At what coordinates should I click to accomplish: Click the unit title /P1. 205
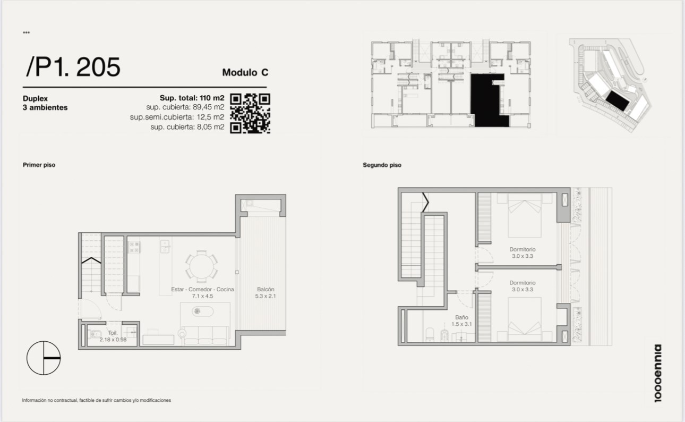click(x=73, y=67)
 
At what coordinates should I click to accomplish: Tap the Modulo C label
click(x=245, y=72)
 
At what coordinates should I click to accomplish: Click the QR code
click(x=250, y=114)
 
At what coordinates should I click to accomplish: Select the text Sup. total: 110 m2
click(x=192, y=98)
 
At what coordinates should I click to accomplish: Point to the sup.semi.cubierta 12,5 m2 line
click(x=177, y=117)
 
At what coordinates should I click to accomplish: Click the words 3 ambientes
click(x=45, y=107)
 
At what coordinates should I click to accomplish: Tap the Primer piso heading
click(x=39, y=165)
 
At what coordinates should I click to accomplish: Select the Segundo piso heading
click(x=382, y=165)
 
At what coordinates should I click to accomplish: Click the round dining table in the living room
click(x=201, y=266)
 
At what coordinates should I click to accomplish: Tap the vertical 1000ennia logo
click(x=657, y=373)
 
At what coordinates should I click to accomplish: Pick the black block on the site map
click(x=618, y=100)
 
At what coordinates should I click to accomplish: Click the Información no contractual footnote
click(x=96, y=400)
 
